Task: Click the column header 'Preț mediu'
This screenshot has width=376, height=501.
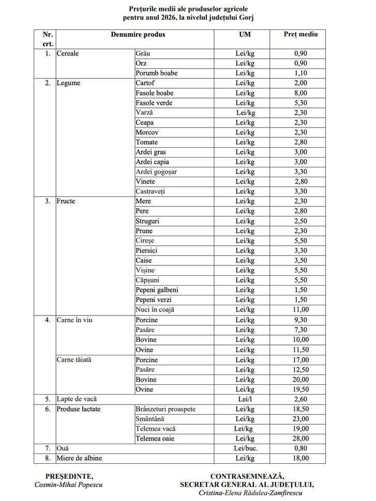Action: pyautogui.click(x=300, y=35)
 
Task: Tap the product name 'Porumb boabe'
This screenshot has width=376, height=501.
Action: pyautogui.click(x=156, y=73)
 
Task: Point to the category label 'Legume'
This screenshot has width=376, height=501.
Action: pyautogui.click(x=69, y=83)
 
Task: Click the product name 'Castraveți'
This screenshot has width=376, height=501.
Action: pyautogui.click(x=150, y=192)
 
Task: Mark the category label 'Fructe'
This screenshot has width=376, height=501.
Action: pyautogui.click(x=66, y=201)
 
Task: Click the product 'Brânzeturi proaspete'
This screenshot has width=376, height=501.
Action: pyautogui.click(x=166, y=409)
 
